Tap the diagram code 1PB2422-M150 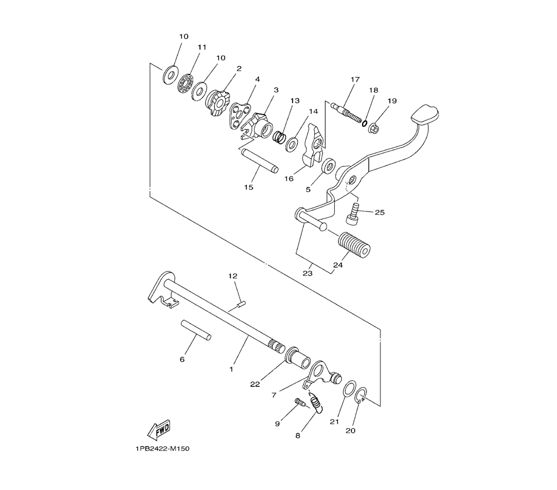(x=162, y=449)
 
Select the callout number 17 (x=355, y=80)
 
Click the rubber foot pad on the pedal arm (x=424, y=115)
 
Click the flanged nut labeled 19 (x=374, y=128)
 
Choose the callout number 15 (x=248, y=187)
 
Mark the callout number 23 (x=307, y=273)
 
